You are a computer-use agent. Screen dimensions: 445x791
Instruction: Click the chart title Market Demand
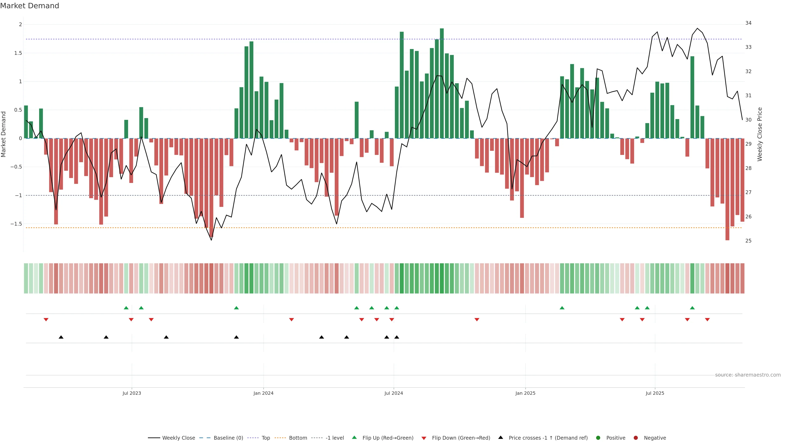(x=29, y=6)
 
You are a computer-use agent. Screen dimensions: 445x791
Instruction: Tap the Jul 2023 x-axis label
(x=132, y=393)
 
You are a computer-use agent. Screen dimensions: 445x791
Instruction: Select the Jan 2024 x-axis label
(x=263, y=393)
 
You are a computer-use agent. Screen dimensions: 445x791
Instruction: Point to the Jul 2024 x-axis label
(x=394, y=393)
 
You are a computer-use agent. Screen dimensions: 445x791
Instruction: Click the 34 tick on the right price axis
(x=748, y=23)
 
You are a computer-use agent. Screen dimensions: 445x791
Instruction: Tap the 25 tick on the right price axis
(x=748, y=241)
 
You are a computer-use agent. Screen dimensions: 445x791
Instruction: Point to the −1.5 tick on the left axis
(x=16, y=224)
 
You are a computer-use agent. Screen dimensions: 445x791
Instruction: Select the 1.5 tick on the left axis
(x=18, y=53)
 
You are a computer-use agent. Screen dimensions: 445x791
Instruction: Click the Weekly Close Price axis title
(x=760, y=134)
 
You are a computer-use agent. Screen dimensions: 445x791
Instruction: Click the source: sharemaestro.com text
(x=748, y=375)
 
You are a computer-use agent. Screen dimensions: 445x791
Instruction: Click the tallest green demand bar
(x=442, y=83)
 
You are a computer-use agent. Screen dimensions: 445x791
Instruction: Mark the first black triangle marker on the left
(x=61, y=337)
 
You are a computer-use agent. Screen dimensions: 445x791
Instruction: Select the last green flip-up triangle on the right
(x=692, y=308)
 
